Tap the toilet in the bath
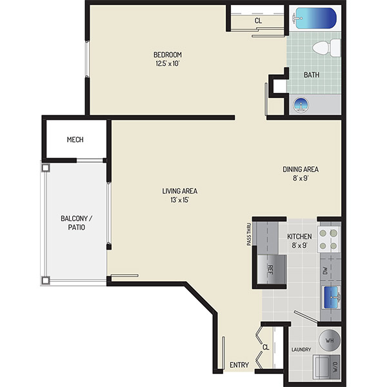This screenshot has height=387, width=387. tap(326, 48)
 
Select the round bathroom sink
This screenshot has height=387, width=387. tap(301, 105)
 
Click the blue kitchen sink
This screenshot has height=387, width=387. tap(332, 297)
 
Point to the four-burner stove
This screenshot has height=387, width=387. tap(328, 239)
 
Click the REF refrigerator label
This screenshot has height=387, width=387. tap(270, 270)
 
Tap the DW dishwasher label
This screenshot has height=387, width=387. tap(325, 270)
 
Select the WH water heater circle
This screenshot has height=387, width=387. tap(330, 341)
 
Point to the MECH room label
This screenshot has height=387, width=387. tap(75, 140)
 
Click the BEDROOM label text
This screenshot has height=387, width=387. tap(168, 55)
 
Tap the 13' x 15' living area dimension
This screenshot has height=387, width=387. tap(180, 200)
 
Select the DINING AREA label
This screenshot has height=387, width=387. tap(301, 169)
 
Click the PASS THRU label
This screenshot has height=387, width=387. tap(249, 235)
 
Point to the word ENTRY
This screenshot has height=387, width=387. tap(239, 365)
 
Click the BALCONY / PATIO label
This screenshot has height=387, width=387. tap(77, 223)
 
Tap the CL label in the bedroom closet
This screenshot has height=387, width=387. tap(258, 21)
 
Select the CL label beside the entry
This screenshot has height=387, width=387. tap(266, 347)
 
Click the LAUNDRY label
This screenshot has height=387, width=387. tap(301, 350)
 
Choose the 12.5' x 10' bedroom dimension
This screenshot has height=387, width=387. tap(167, 64)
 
